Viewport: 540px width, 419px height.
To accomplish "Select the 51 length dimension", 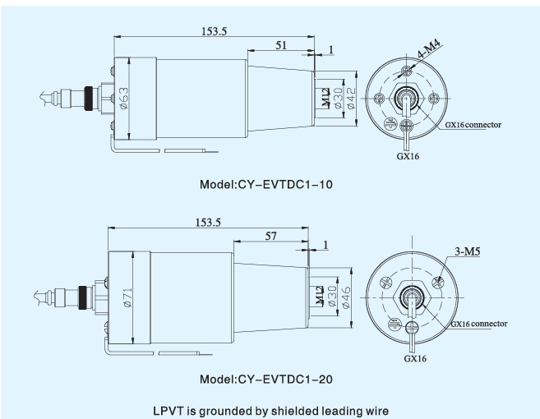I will (281, 46).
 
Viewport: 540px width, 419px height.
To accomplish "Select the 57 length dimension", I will (270, 237).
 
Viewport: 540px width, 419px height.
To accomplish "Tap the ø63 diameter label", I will (124, 99).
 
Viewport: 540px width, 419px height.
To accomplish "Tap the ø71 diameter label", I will (126, 298).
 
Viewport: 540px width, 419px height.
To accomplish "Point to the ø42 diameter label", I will (350, 97).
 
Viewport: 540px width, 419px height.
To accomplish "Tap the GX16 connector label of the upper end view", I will (473, 125).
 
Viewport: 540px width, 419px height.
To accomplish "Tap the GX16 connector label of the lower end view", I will (478, 323).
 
